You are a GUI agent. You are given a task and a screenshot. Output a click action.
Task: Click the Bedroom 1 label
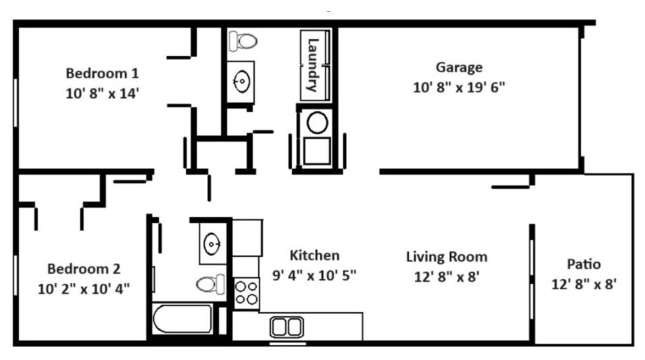point(102,73)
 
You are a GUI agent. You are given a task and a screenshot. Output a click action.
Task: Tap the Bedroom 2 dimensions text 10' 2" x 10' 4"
point(84,289)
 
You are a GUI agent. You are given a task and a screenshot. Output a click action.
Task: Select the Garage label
point(459,67)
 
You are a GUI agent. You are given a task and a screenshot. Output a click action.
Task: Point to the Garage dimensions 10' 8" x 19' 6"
point(459,87)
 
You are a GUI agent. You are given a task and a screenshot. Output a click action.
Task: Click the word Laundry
point(313,65)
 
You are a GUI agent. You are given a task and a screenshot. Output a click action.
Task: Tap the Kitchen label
point(315,256)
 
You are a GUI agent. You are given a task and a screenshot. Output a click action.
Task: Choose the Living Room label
point(447,257)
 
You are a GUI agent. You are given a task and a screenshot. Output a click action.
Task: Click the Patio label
point(584,264)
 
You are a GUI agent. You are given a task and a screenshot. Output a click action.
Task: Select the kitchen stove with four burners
point(247,293)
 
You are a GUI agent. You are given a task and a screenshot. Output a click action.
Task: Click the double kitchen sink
point(286,328)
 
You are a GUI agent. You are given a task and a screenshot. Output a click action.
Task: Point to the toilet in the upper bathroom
point(243,40)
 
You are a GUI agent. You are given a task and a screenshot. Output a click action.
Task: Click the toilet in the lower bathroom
point(210,284)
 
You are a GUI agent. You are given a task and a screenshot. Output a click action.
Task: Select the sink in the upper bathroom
point(241,82)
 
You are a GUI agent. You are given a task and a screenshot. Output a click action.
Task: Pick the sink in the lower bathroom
point(212,243)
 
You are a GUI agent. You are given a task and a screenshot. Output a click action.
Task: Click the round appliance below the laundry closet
point(317,123)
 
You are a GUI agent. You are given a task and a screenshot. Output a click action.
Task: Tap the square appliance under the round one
point(317,151)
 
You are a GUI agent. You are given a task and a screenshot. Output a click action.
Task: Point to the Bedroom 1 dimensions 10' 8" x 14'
point(102,94)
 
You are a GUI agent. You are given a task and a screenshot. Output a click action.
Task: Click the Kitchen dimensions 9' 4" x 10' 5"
point(314,275)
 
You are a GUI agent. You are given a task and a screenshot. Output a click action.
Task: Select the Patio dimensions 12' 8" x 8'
point(584,284)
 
